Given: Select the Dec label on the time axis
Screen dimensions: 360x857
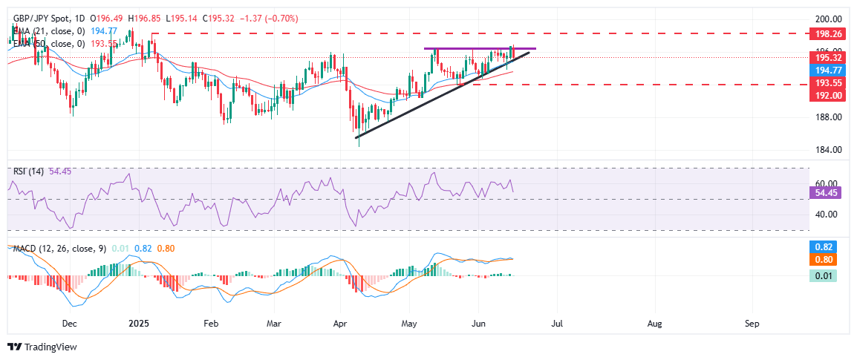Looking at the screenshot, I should [70, 324].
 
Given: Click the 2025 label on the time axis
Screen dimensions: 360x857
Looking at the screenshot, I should [139, 324].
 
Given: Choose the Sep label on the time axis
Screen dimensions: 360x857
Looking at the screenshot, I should [752, 324].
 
